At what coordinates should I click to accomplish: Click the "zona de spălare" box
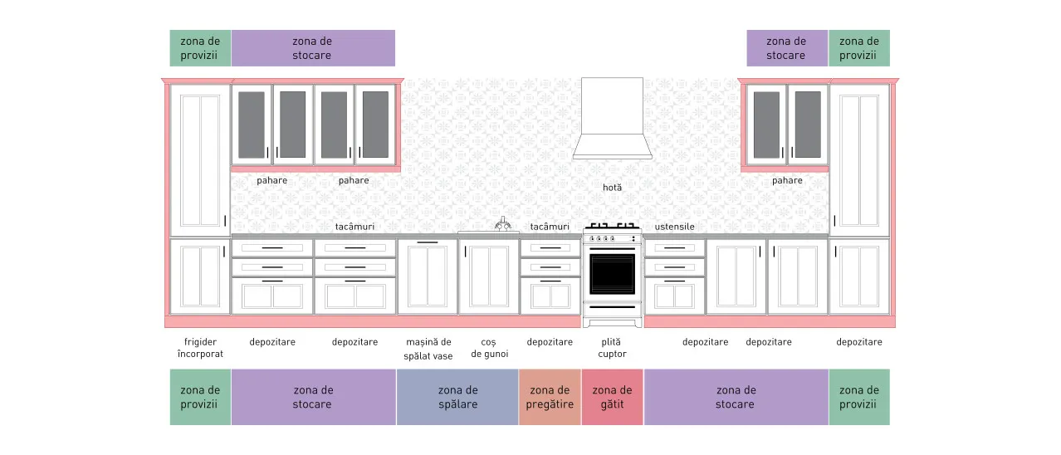[x=457, y=397]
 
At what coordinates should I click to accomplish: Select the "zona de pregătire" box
[x=550, y=397]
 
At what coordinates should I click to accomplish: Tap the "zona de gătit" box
[x=612, y=397]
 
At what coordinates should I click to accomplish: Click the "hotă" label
[x=612, y=188]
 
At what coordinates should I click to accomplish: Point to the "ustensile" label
[x=674, y=227]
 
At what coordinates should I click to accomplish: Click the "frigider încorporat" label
[x=200, y=348]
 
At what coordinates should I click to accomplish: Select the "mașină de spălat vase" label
[x=428, y=349]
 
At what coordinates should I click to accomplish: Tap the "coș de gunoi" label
[x=489, y=348]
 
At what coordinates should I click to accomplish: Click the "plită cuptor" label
[x=612, y=348]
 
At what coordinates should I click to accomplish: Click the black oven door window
[x=612, y=274]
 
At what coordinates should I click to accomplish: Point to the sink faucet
[x=503, y=223]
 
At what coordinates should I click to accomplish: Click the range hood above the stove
[x=612, y=119]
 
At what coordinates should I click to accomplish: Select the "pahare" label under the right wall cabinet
[x=787, y=180]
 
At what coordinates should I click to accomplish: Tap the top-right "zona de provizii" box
[x=859, y=48]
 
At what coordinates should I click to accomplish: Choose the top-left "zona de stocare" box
[x=313, y=48]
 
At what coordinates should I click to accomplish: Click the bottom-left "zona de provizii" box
[x=200, y=397]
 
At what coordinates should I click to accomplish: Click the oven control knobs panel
[x=612, y=238]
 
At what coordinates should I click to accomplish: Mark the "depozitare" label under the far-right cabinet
[x=858, y=342]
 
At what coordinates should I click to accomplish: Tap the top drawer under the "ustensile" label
[x=674, y=247]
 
